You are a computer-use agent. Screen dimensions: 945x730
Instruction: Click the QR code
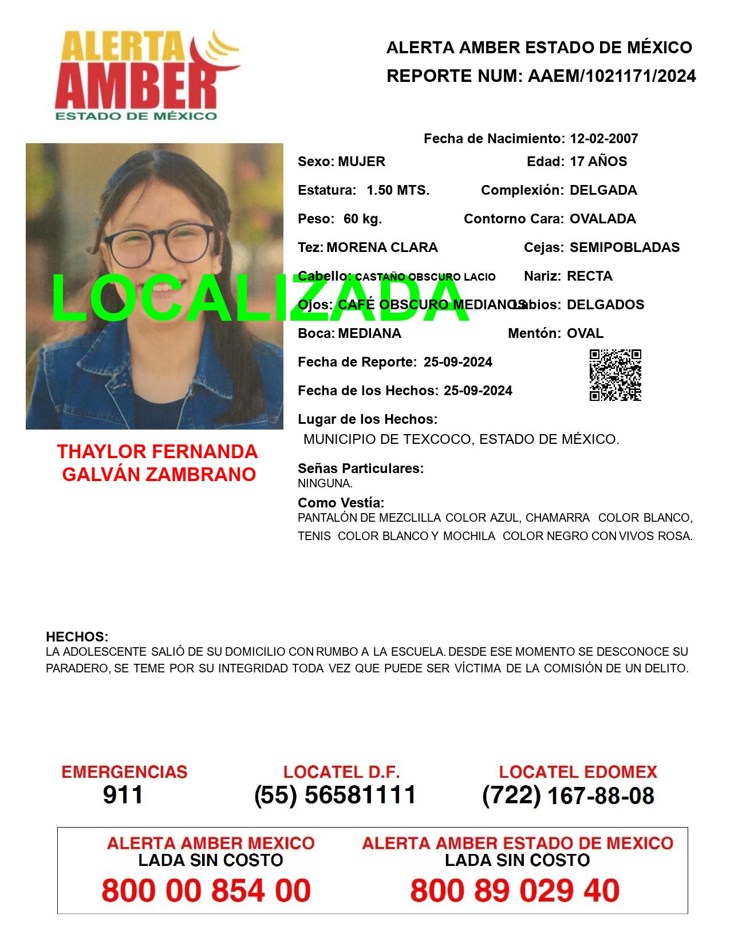click(615, 375)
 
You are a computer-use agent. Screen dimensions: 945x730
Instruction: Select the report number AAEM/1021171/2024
click(611, 76)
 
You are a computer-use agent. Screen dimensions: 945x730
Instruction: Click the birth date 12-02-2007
click(603, 139)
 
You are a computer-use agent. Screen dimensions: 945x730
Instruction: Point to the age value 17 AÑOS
click(598, 162)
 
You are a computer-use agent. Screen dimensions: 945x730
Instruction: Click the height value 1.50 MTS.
click(398, 190)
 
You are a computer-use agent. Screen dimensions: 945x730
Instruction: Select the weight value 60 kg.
click(362, 219)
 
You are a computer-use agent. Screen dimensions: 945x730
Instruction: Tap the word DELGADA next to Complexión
click(603, 190)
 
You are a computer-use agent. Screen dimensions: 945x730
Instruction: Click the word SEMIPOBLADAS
click(625, 247)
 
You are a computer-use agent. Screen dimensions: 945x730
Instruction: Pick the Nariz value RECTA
click(589, 276)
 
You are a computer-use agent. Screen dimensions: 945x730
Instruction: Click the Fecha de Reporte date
click(457, 362)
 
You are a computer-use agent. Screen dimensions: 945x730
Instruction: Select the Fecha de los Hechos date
click(478, 391)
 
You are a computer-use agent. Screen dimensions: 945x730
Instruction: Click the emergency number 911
click(123, 795)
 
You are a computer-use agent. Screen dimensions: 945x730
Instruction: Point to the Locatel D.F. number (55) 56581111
click(335, 795)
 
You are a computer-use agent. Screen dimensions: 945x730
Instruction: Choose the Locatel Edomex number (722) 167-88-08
click(568, 796)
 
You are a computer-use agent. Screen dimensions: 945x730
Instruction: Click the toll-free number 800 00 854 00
click(206, 891)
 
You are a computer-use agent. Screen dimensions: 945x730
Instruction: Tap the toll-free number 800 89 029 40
click(515, 891)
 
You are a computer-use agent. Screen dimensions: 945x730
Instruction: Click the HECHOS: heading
click(77, 637)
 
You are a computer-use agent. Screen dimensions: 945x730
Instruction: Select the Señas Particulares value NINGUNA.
click(325, 483)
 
